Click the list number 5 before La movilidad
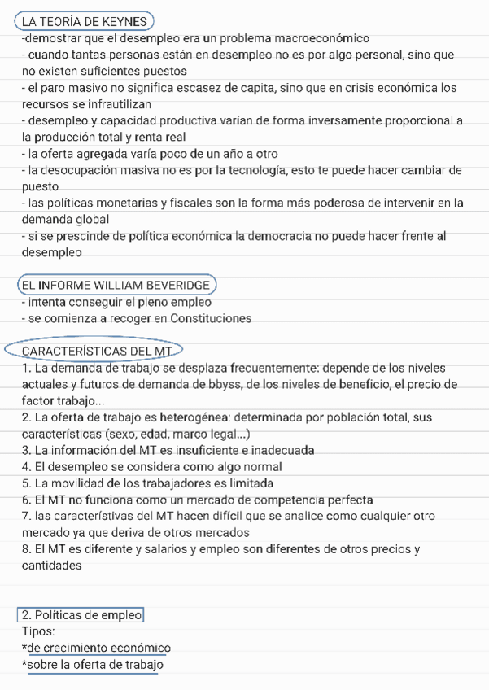(26, 483)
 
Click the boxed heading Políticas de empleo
(81, 615)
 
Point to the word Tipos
(38, 631)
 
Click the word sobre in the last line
(42, 665)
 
